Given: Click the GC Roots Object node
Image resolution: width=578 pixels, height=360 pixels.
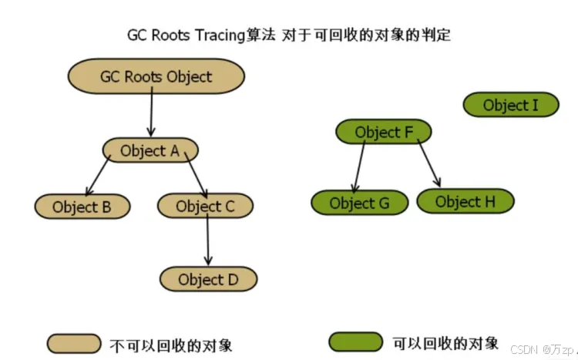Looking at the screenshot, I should pyautogui.click(x=156, y=76).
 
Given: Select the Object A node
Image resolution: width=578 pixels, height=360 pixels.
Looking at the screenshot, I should pyautogui.click(x=150, y=150).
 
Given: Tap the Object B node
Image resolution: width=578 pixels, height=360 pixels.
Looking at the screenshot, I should pyautogui.click(x=82, y=207).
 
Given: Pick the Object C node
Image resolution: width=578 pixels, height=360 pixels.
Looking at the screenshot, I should pyautogui.click(x=205, y=206).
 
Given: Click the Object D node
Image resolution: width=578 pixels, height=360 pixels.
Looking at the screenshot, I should pyautogui.click(x=208, y=278).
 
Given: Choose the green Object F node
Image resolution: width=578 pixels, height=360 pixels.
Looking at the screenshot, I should pyautogui.click(x=383, y=133).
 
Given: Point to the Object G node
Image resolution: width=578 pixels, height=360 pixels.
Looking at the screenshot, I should pyautogui.click(x=359, y=204).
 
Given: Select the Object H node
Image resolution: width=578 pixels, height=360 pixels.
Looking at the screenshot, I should pyautogui.click(x=465, y=202).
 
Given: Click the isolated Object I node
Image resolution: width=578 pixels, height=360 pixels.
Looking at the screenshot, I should pyautogui.click(x=510, y=105).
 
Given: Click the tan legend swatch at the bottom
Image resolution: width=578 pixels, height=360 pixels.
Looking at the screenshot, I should pyautogui.click(x=74, y=342).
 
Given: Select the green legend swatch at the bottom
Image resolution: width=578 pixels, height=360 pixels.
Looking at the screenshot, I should pyautogui.click(x=355, y=341).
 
